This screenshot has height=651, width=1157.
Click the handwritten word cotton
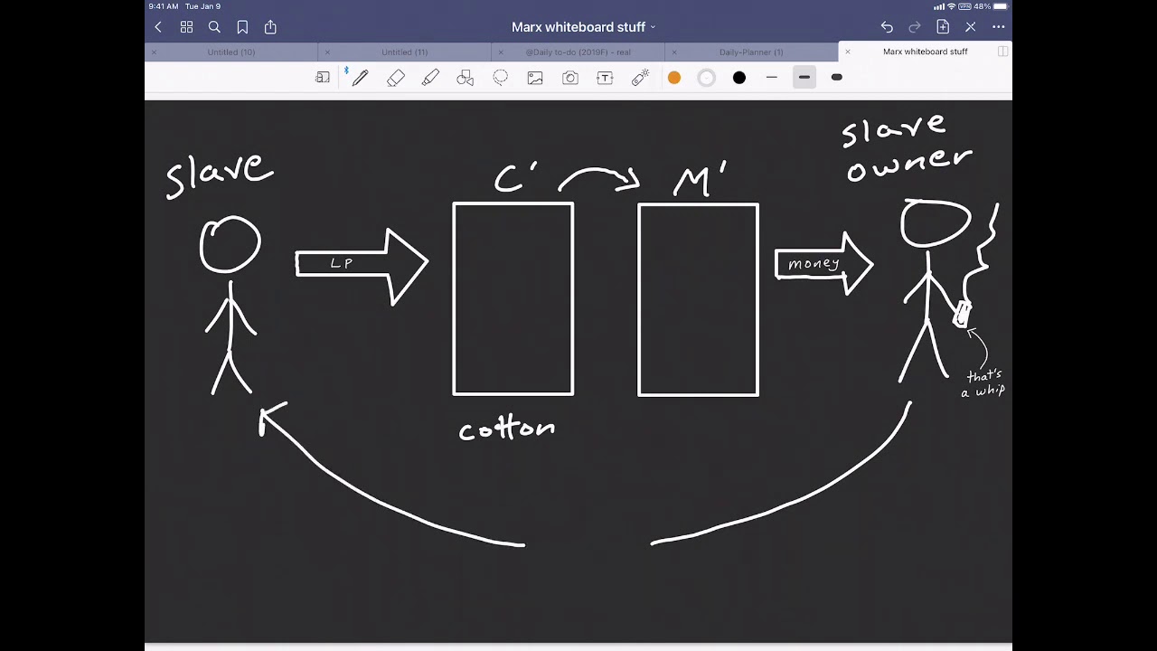[x=506, y=429]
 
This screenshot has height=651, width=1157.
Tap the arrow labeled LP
[x=362, y=264]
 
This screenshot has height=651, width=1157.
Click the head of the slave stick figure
[x=230, y=244]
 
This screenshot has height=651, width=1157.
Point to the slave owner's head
[x=936, y=222]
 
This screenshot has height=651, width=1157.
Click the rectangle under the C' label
[x=513, y=299]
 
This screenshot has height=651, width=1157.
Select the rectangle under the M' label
[x=698, y=299]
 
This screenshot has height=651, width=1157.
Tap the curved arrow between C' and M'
[x=598, y=176]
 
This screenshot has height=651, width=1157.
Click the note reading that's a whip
[x=983, y=383]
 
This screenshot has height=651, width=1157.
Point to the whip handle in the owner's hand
[x=962, y=314]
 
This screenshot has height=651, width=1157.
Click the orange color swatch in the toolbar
[x=674, y=78]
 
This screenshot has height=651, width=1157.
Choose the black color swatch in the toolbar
[x=739, y=78]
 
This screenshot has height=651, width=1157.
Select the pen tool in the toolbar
[x=361, y=78]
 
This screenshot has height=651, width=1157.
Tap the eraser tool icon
[x=396, y=78]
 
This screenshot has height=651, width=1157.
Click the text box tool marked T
[x=605, y=78]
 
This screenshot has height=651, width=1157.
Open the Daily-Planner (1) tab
[x=751, y=52]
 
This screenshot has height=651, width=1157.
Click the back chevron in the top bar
[x=158, y=27]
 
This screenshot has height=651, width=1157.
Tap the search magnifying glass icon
[x=214, y=27]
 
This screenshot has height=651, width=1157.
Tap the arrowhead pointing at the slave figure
[x=270, y=418]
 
